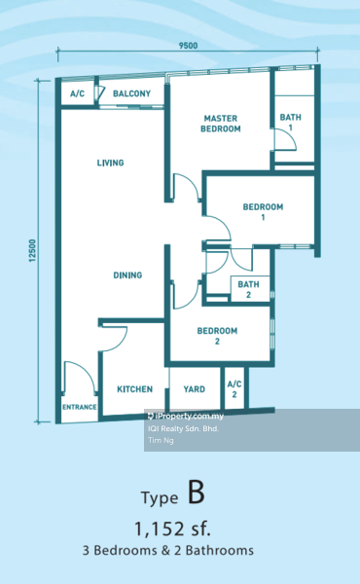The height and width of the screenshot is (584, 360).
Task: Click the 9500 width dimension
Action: click(188, 46)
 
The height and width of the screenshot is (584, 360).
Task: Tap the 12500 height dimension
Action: click(33, 251)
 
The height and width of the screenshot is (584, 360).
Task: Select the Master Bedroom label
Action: click(221, 124)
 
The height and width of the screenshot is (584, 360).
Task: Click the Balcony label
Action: click(131, 93)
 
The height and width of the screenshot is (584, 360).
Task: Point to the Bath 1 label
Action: click(290, 123)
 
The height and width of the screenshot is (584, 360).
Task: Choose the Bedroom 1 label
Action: click(263, 211)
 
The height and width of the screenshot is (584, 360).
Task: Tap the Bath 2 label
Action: click(248, 289)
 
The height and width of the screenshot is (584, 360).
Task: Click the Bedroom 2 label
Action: click(217, 336)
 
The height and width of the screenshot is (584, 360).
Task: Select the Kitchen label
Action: click(135, 389)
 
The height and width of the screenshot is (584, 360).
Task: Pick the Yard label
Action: click(195, 389)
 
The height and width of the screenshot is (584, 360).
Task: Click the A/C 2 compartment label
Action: click(234, 388)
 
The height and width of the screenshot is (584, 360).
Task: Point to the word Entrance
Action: click(79, 407)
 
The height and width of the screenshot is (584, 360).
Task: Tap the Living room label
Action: click(110, 163)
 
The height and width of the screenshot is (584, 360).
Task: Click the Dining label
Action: click(127, 275)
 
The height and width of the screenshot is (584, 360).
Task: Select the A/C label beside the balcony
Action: click(78, 93)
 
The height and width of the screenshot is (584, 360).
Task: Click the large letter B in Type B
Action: click(197, 493)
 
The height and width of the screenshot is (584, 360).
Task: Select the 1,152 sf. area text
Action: click(172, 529)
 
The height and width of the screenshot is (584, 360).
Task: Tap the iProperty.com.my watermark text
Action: click(186, 416)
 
